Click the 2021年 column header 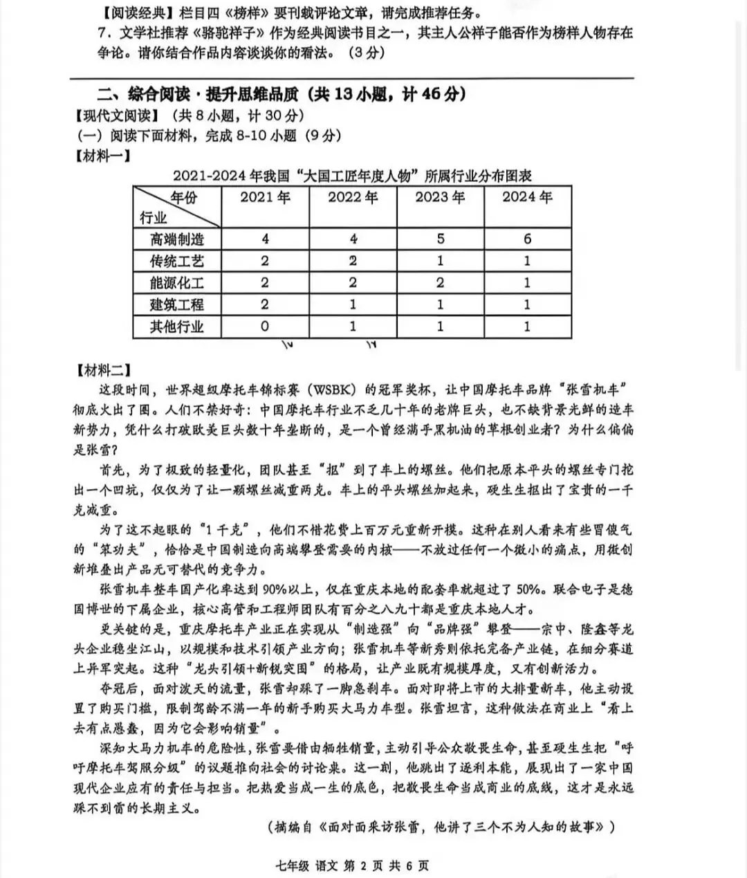pos(265,197)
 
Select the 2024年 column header pos(527,197)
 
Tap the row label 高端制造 pos(177,239)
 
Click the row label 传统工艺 pos(177,261)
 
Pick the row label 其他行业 pos(177,326)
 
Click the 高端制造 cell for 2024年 pos(527,239)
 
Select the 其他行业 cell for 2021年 pos(265,326)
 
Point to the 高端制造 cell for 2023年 pos(440,239)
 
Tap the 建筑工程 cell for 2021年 pos(265,304)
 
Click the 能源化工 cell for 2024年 pos(527,282)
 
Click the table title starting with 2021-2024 pos(352,176)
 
